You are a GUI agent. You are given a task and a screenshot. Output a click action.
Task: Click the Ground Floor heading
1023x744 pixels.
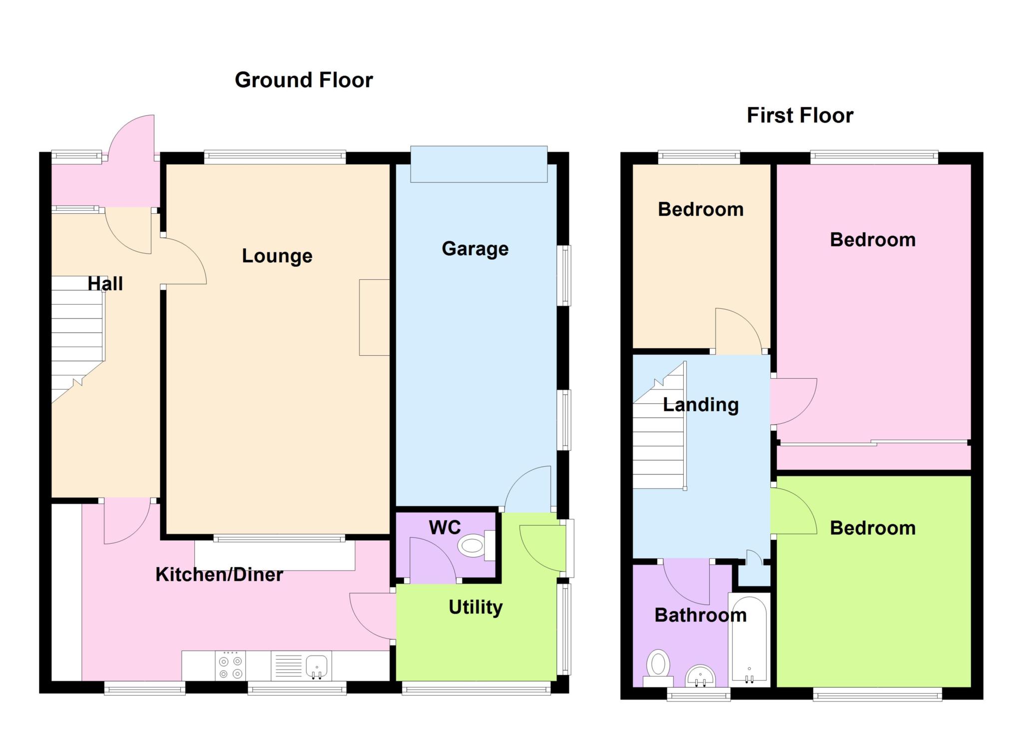[304, 80]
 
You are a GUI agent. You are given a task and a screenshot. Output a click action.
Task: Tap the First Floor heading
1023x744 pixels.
[800, 115]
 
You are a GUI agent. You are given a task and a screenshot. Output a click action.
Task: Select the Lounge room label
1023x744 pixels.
[277, 256]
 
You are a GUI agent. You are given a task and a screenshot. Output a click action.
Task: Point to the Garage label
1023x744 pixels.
[475, 248]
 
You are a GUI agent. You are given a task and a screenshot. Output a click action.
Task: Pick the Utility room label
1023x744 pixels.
[476, 607]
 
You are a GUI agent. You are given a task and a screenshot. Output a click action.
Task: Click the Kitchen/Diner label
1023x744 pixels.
[219, 575]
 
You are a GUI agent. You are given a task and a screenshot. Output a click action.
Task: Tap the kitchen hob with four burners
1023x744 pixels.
[231, 666]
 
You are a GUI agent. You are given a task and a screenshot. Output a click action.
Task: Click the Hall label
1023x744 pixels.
[105, 284]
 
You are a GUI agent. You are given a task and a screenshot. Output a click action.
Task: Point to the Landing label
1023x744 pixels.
[701, 405]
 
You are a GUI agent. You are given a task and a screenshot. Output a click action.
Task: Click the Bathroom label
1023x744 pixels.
[701, 615]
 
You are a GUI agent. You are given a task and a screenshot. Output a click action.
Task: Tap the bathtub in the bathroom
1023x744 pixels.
[749, 640]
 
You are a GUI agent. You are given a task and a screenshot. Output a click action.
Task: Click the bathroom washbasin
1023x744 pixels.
[700, 677]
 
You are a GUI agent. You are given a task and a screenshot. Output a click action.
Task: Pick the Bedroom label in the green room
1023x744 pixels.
[873, 528]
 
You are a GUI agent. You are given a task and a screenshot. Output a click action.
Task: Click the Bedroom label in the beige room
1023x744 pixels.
[701, 209]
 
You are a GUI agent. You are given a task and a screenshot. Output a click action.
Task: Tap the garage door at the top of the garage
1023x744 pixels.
[479, 164]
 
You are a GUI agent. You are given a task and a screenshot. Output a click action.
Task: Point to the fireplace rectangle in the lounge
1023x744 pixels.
[374, 317]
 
